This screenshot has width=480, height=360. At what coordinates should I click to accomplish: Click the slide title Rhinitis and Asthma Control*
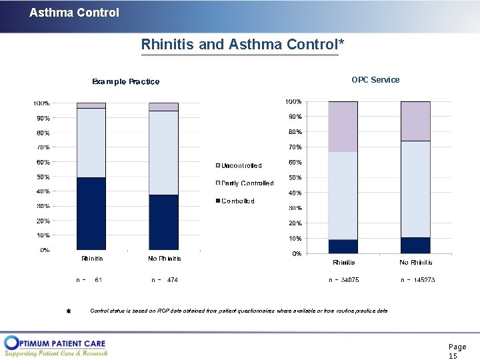coord(243,45)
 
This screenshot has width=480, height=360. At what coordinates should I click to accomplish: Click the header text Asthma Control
coord(74,13)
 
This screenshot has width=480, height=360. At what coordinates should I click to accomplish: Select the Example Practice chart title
coord(125,81)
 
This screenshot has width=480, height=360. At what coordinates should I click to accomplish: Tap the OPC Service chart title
coord(375,80)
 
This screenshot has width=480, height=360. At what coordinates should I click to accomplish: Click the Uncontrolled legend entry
coord(241,165)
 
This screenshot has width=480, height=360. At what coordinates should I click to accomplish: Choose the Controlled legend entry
coord(237,201)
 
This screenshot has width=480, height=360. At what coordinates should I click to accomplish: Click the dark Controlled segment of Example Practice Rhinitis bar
coord(91,213)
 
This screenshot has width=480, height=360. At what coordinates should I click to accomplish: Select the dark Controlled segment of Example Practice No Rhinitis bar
coord(163,222)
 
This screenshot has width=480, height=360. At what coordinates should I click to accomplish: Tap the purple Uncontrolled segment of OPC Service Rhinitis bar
coord(343,127)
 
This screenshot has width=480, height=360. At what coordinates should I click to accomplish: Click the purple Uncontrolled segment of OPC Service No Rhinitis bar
coord(415,121)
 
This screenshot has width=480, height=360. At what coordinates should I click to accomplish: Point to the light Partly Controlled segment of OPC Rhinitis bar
coord(343,195)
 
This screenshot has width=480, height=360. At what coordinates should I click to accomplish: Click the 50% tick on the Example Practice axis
coord(42,177)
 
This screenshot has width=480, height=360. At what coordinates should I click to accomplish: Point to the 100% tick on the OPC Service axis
coord(293,101)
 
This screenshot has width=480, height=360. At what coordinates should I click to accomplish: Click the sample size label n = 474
coord(165,280)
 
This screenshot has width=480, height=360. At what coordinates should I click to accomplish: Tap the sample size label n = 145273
coord(417,280)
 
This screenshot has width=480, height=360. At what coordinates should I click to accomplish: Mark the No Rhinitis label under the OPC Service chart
coord(417,263)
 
